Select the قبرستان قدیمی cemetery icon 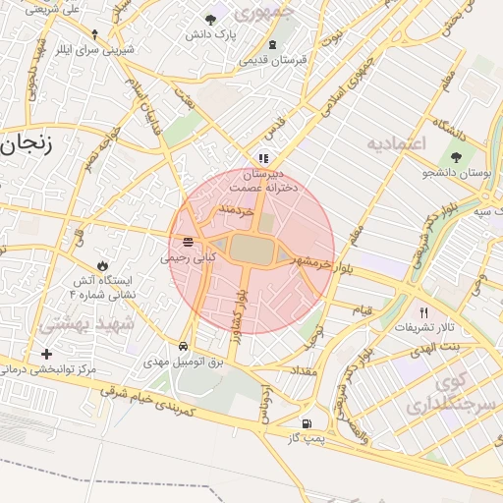[x=272, y=44]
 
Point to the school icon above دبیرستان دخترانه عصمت [x=262, y=157]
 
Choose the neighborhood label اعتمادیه [x=398, y=143]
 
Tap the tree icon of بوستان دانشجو [x=456, y=157]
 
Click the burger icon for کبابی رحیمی [x=188, y=242]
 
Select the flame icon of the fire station [x=103, y=265]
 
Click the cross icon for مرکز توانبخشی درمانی [x=46, y=354]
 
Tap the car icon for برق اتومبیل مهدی [x=185, y=347]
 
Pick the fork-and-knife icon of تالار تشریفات [x=424, y=312]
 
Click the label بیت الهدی [x=437, y=347]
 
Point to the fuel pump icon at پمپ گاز [x=307, y=423]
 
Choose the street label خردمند [x=237, y=209]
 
